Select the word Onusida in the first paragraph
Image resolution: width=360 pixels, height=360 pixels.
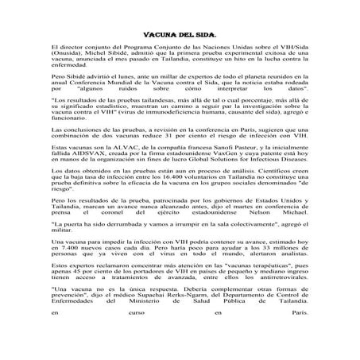click(68, 56)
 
